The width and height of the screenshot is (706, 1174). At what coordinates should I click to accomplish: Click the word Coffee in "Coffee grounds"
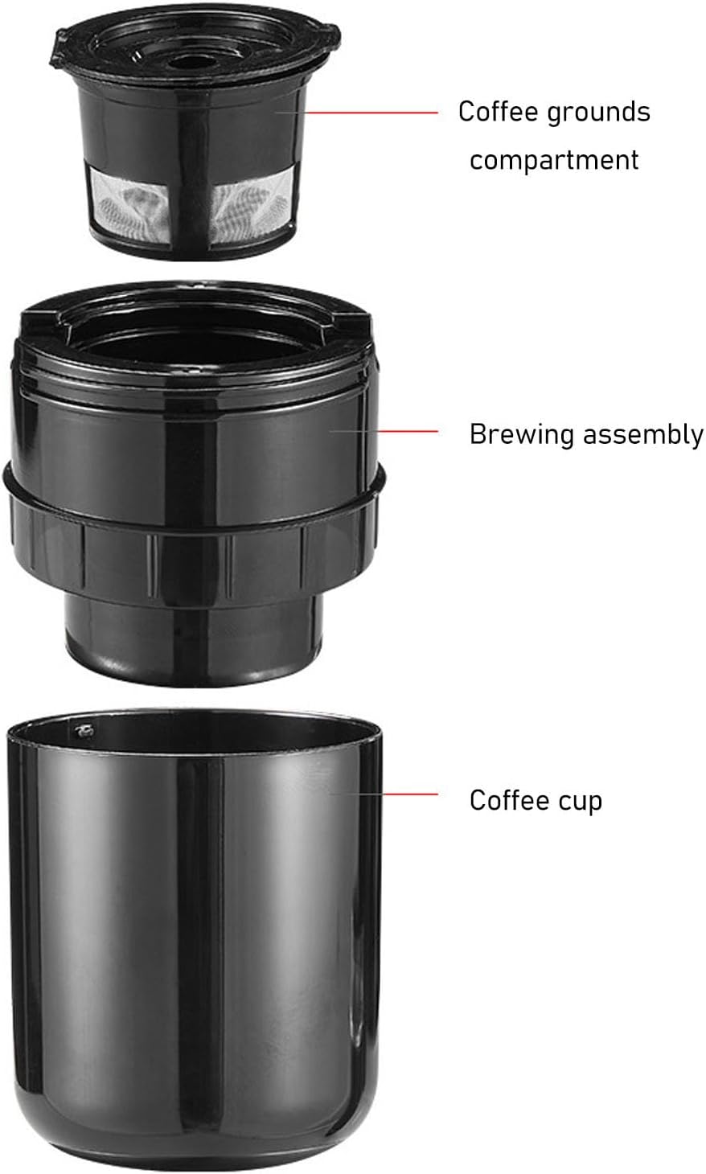[499, 112]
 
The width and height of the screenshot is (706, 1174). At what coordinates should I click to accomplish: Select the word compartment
[554, 161]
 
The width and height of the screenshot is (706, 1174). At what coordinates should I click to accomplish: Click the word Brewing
[522, 436]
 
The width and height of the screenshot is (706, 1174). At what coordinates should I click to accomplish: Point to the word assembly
[643, 436]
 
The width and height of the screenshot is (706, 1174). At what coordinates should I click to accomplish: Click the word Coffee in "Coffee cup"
[510, 800]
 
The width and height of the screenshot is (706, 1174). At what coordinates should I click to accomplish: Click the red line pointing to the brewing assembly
[407, 431]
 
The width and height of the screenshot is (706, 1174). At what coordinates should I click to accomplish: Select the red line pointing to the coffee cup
[409, 794]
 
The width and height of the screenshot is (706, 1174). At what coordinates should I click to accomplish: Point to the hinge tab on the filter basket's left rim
[59, 50]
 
